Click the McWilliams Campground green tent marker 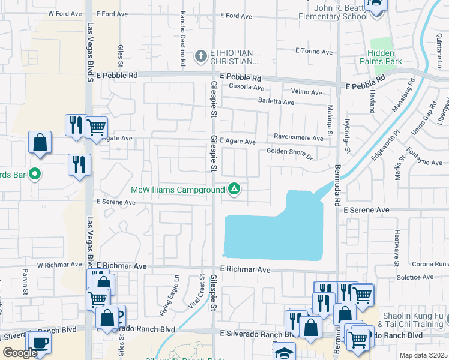[x=234, y=190]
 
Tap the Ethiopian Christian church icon [x=201, y=56]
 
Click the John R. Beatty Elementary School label [x=333, y=12]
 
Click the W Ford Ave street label [x=64, y=13]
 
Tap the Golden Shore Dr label [x=290, y=154]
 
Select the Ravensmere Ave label [x=298, y=137]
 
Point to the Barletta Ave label [x=276, y=103]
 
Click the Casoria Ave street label [x=247, y=86]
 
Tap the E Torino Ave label [x=310, y=51]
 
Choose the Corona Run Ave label [x=429, y=264]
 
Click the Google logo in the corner [x=20, y=353]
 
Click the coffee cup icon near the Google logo [x=40, y=342]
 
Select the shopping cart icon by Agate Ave [x=96, y=127]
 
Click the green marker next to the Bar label [x=35, y=175]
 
